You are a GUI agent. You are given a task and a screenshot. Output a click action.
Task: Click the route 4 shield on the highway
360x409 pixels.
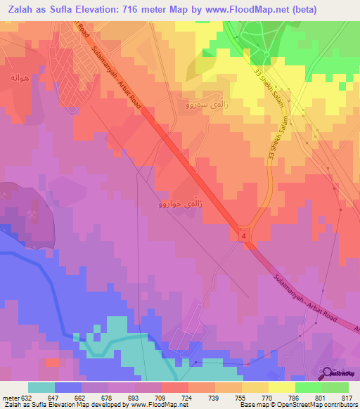243,237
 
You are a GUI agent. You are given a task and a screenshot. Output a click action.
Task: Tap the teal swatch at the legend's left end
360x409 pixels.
41,387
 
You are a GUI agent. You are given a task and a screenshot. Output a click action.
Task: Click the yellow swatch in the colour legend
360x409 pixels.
281,387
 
